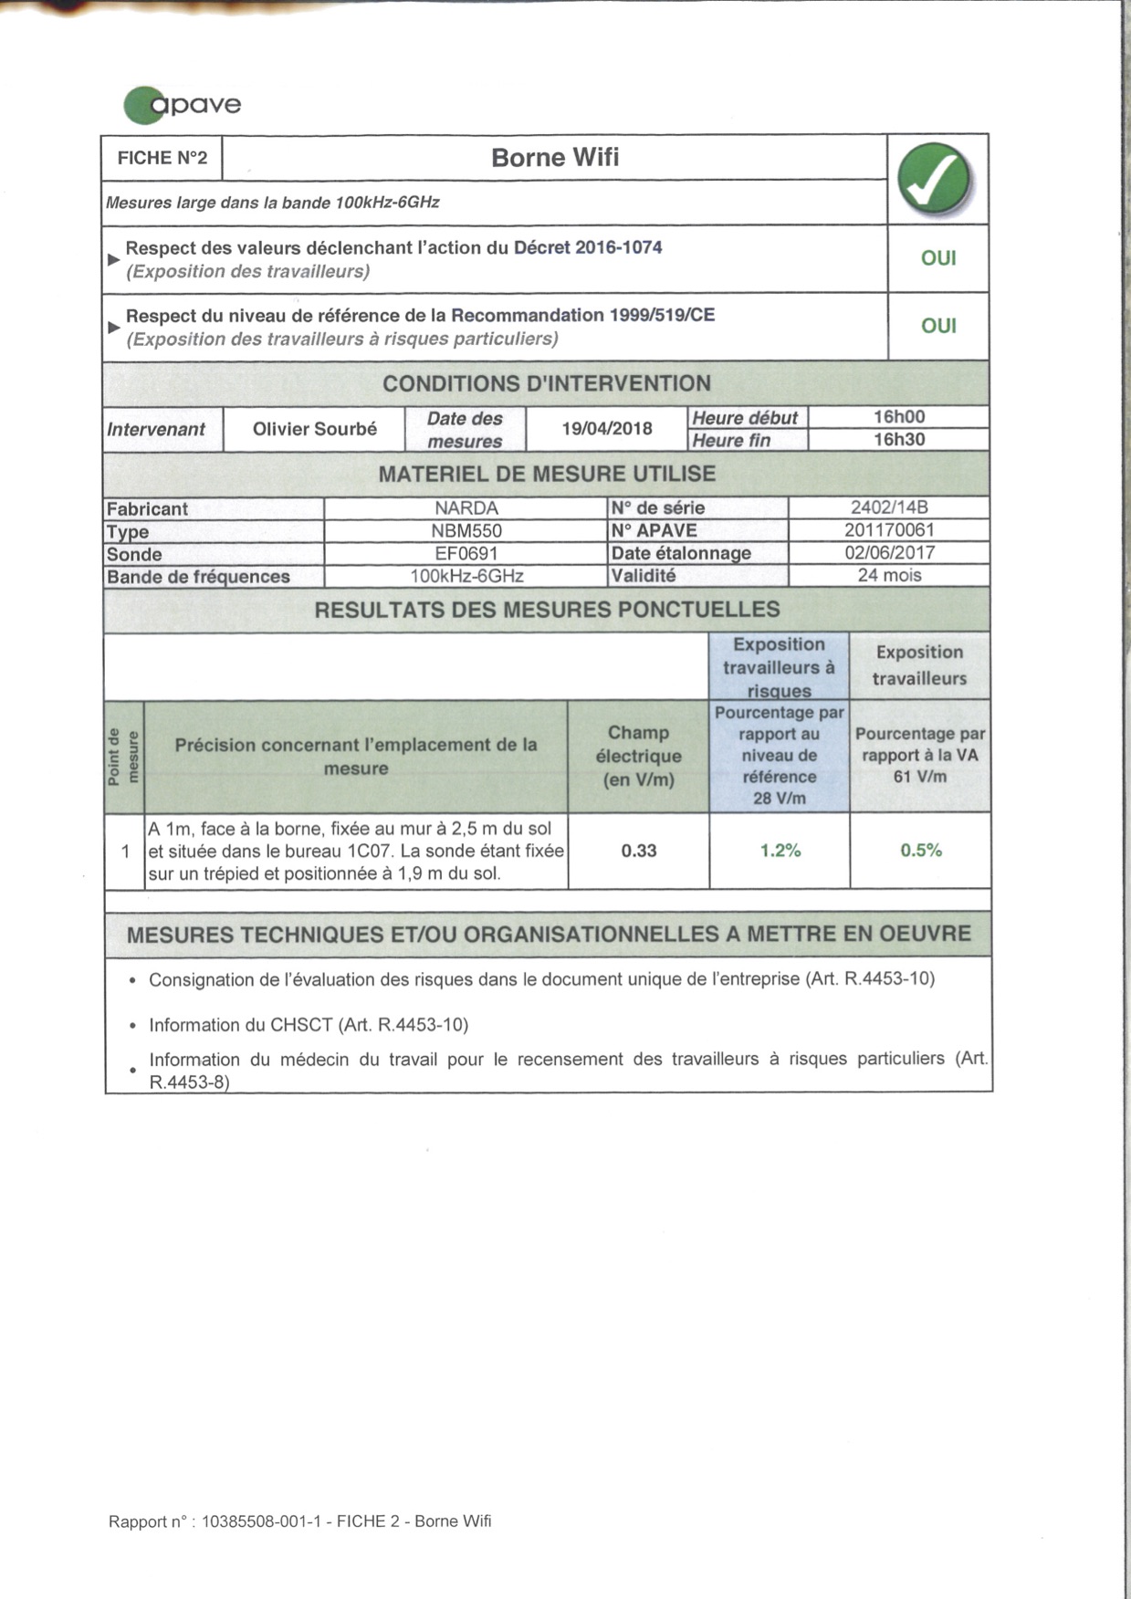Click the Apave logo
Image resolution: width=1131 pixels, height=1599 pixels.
click(183, 104)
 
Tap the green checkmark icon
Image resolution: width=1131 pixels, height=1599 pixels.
click(935, 179)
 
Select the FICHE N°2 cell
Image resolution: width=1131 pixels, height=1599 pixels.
click(162, 158)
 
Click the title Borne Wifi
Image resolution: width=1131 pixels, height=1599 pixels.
click(555, 158)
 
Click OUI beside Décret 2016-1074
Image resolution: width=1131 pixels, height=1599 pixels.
click(938, 258)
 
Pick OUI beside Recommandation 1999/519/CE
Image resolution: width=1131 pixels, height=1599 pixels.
click(938, 326)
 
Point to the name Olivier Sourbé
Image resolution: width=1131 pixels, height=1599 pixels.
click(315, 429)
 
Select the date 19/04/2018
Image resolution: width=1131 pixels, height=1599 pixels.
click(607, 429)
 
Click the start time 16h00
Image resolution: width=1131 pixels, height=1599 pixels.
click(899, 417)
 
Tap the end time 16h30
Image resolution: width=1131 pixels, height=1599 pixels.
click(899, 439)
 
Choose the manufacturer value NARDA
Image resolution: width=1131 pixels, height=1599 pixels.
click(466, 508)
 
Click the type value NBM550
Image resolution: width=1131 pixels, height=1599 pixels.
click(466, 531)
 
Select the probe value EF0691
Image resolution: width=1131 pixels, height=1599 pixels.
click(466, 553)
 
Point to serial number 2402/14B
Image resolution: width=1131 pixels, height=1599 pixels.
click(889, 507)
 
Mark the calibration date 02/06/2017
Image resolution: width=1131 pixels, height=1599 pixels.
click(889, 552)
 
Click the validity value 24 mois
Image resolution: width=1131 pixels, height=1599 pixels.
click(889, 575)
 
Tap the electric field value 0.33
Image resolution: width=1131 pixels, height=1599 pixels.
click(639, 851)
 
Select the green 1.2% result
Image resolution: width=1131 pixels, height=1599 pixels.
click(780, 851)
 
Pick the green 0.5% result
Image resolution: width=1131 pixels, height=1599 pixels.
click(921, 851)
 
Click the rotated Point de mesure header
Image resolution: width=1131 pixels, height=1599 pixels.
click(124, 756)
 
